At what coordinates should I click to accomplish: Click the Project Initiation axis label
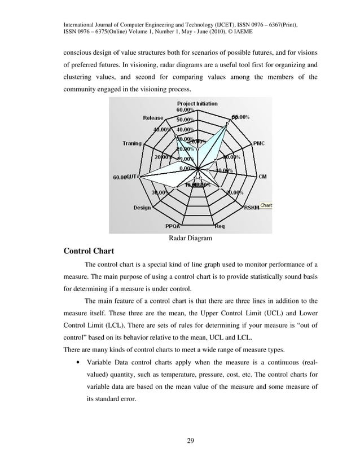pos(197,104)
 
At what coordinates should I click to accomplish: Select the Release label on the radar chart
pos(153,118)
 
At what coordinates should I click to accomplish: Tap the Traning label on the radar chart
pos(132,143)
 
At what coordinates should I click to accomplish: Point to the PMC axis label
pos(258,143)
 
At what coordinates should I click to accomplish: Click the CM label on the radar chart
pos(262,177)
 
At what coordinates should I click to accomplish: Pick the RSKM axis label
pos(251,208)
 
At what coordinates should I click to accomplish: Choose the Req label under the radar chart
pos(220,227)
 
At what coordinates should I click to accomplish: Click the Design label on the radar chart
pos(142,208)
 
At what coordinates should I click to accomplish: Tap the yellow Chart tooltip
pos(266,206)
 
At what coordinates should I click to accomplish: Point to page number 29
pos(190,441)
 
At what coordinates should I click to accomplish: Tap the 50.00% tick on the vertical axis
pos(185,120)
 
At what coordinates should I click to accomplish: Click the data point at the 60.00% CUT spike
pos(139,177)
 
